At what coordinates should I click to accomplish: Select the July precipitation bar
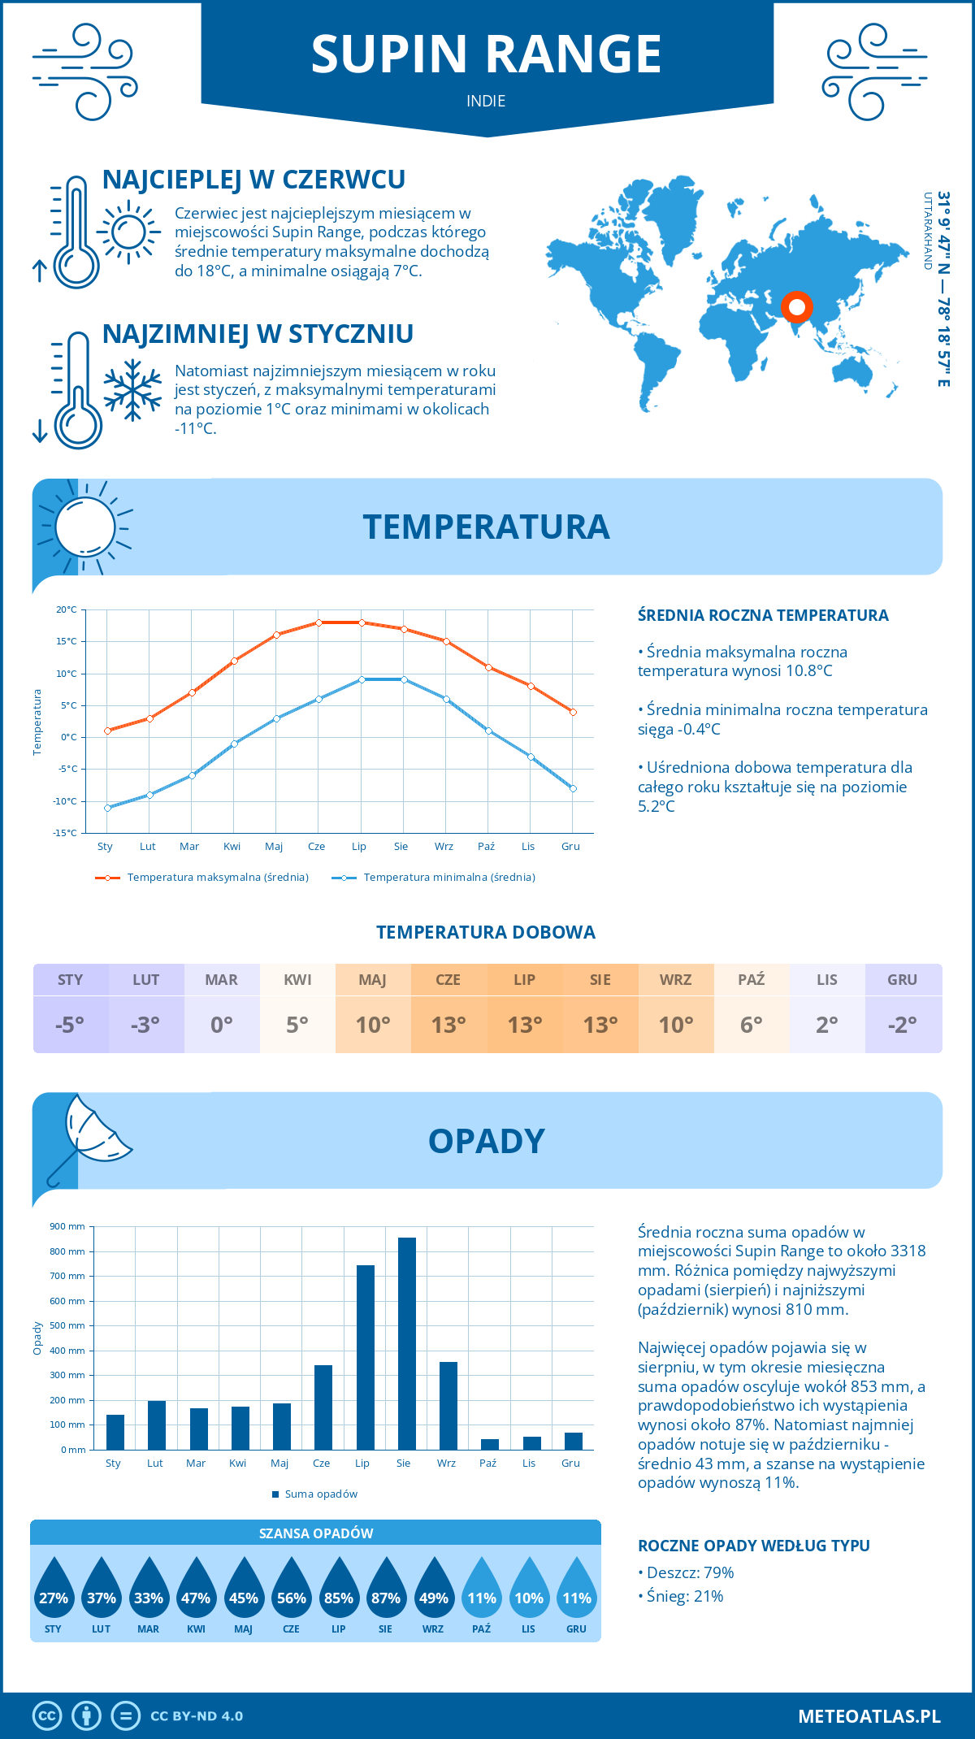click(x=366, y=1357)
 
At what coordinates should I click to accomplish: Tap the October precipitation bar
click(x=490, y=1444)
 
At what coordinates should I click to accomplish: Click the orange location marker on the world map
click(x=797, y=307)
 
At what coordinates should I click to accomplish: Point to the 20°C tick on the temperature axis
click(x=67, y=609)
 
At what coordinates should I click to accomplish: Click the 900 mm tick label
click(x=68, y=1226)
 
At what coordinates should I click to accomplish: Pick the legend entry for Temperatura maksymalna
click(x=202, y=878)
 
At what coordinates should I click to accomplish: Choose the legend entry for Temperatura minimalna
click(x=434, y=878)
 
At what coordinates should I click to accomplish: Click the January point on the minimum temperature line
click(x=107, y=808)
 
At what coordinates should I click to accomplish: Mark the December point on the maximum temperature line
click(x=573, y=712)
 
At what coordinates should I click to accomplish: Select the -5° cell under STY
click(x=71, y=1025)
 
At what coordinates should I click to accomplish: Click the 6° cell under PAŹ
click(x=752, y=1025)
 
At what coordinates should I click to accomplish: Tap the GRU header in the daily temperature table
click(x=903, y=980)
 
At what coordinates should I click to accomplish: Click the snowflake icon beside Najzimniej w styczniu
click(x=132, y=390)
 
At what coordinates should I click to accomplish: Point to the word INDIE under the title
click(x=486, y=101)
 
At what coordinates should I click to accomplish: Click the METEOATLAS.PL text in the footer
click(x=869, y=1716)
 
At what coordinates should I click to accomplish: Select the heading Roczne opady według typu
click(x=753, y=1546)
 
